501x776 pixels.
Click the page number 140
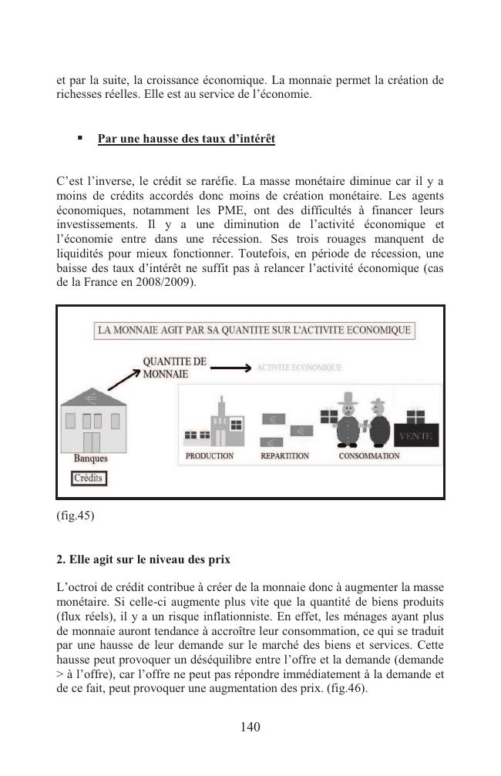click(250, 727)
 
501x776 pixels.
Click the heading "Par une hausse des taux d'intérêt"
click(186, 139)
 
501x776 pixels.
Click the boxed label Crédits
click(89, 479)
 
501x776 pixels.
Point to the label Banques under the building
click(90, 459)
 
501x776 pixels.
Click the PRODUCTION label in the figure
click(210, 456)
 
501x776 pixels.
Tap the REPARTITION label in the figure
click(284, 456)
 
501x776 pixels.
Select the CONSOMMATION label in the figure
click(368, 456)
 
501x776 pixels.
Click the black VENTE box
click(417, 435)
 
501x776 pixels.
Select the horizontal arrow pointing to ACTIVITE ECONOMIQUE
click(230, 368)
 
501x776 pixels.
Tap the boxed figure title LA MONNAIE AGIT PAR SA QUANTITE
click(254, 331)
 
